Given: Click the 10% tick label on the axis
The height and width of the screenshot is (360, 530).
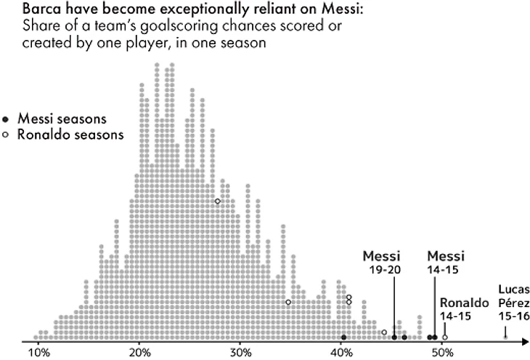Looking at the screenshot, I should (38, 353).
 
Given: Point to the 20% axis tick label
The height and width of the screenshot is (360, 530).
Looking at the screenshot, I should (140, 353).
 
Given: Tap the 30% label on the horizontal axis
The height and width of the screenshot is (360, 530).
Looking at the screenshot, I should (241, 353).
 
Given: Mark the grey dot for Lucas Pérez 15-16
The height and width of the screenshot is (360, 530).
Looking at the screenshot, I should (505, 337).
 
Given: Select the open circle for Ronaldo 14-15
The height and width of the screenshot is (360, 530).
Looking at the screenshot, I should (444, 337).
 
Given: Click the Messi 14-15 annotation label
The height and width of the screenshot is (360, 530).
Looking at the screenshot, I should (445, 263).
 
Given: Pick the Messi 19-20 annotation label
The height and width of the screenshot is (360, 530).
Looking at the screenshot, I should (382, 263).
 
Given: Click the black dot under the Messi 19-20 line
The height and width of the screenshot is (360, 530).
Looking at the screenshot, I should (394, 337).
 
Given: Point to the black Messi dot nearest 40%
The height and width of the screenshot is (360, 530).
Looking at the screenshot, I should (343, 337).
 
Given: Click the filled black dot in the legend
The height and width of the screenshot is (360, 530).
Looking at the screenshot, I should (6, 119).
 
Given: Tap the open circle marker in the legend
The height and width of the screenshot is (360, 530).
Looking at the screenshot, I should (6, 134).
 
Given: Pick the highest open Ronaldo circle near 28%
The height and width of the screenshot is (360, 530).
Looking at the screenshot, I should (217, 201).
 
